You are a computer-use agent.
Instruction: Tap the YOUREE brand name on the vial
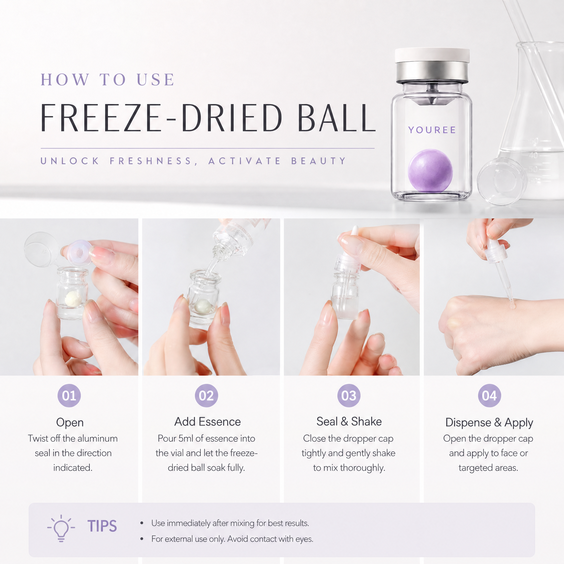pyautogui.click(x=432, y=130)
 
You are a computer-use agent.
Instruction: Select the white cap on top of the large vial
pyautogui.click(x=432, y=55)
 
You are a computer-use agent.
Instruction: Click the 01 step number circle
pyautogui.click(x=69, y=395)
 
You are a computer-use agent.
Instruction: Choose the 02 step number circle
pyautogui.click(x=206, y=395)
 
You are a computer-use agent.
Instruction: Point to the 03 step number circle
pyautogui.click(x=349, y=395)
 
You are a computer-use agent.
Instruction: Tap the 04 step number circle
pyautogui.click(x=489, y=395)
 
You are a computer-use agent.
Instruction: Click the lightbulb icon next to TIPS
pyautogui.click(x=61, y=528)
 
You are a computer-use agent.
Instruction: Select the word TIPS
pyautogui.click(x=102, y=526)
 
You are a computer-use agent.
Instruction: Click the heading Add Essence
pyautogui.click(x=208, y=422)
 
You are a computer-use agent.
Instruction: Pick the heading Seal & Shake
pyautogui.click(x=349, y=422)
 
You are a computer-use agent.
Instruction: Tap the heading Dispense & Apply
pyautogui.click(x=489, y=422)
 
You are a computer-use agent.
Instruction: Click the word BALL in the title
pyautogui.click(x=336, y=118)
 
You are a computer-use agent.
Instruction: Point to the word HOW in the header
pyautogui.click(x=65, y=79)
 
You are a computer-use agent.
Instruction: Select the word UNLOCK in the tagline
pyautogui.click(x=70, y=161)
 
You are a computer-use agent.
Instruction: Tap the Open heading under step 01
pyautogui.click(x=70, y=423)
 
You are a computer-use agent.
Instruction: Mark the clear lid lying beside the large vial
pyautogui.click(x=501, y=181)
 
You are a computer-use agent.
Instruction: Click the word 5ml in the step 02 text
pyautogui.click(x=186, y=438)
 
